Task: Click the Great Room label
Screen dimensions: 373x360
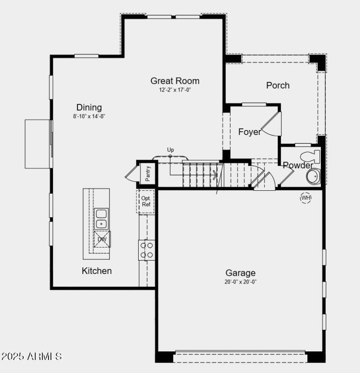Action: (175, 81)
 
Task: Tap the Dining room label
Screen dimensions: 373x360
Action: (89, 107)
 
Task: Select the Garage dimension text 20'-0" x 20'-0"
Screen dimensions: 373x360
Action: (241, 282)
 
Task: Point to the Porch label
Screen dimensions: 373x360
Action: (278, 85)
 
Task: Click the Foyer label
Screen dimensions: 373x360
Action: (249, 132)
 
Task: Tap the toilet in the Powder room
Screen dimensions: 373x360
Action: (310, 157)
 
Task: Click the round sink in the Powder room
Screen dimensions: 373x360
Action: (313, 176)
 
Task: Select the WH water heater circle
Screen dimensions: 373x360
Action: (306, 198)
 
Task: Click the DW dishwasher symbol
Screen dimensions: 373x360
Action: (102, 239)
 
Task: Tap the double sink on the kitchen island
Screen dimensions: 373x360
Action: (101, 218)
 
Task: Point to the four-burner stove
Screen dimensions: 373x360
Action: (146, 250)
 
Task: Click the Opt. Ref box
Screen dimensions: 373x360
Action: (146, 201)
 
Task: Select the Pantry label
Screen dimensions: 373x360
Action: (148, 173)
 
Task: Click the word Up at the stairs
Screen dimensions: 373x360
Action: (171, 150)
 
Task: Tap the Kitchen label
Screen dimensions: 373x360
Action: (96, 271)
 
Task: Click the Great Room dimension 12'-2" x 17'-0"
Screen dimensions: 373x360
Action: (175, 90)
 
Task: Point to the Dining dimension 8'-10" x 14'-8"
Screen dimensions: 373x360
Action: (89, 116)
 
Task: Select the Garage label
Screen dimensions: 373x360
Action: (240, 273)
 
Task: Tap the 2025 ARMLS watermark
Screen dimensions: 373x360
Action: (31, 356)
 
